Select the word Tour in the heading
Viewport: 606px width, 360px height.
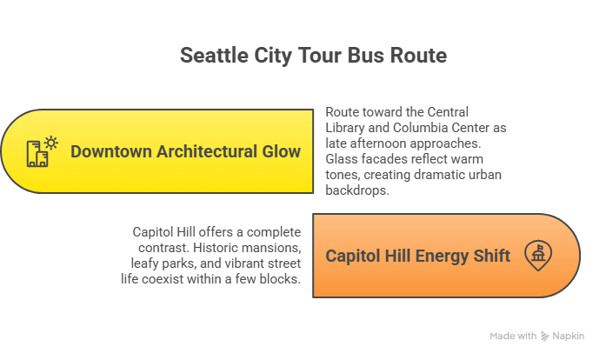tap(313, 57)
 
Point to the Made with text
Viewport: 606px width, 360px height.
tap(512, 337)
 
